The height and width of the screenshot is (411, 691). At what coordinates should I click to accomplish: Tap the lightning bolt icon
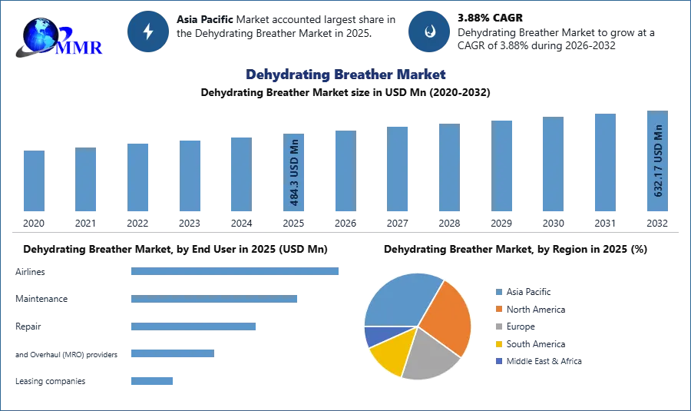click(148, 31)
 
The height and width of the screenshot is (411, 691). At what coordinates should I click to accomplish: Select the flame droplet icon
click(429, 31)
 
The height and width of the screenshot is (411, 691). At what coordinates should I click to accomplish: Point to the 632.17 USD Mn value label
click(657, 163)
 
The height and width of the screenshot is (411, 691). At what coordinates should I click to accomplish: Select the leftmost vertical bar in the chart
click(34, 181)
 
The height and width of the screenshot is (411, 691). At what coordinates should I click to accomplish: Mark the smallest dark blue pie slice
click(374, 336)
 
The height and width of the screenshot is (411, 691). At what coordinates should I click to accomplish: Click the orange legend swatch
click(498, 309)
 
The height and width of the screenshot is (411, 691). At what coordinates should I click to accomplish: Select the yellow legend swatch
click(498, 344)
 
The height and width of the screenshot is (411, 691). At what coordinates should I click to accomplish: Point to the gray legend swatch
click(498, 326)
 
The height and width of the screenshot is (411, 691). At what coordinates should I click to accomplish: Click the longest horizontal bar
click(236, 270)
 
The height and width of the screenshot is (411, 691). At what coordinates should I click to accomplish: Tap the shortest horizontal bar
click(153, 380)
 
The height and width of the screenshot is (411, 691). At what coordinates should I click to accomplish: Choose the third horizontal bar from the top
click(193, 326)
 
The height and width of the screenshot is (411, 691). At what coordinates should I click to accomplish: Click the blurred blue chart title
click(345, 75)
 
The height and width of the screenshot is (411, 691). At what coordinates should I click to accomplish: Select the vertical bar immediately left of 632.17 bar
click(604, 163)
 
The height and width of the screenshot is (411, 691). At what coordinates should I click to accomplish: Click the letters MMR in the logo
click(83, 48)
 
